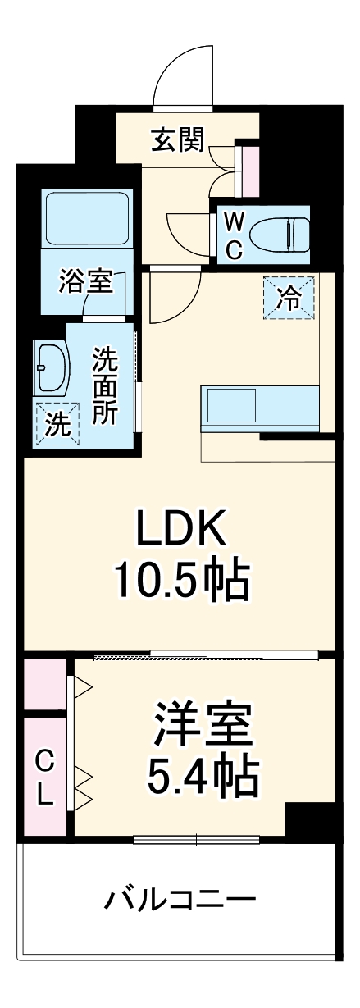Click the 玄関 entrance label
(x=177, y=141)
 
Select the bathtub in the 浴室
(x=87, y=219)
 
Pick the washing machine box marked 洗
(x=57, y=424)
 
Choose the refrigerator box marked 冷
(x=288, y=296)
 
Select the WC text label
(x=234, y=235)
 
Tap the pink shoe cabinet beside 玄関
(x=248, y=171)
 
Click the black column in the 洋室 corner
(x=308, y=819)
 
